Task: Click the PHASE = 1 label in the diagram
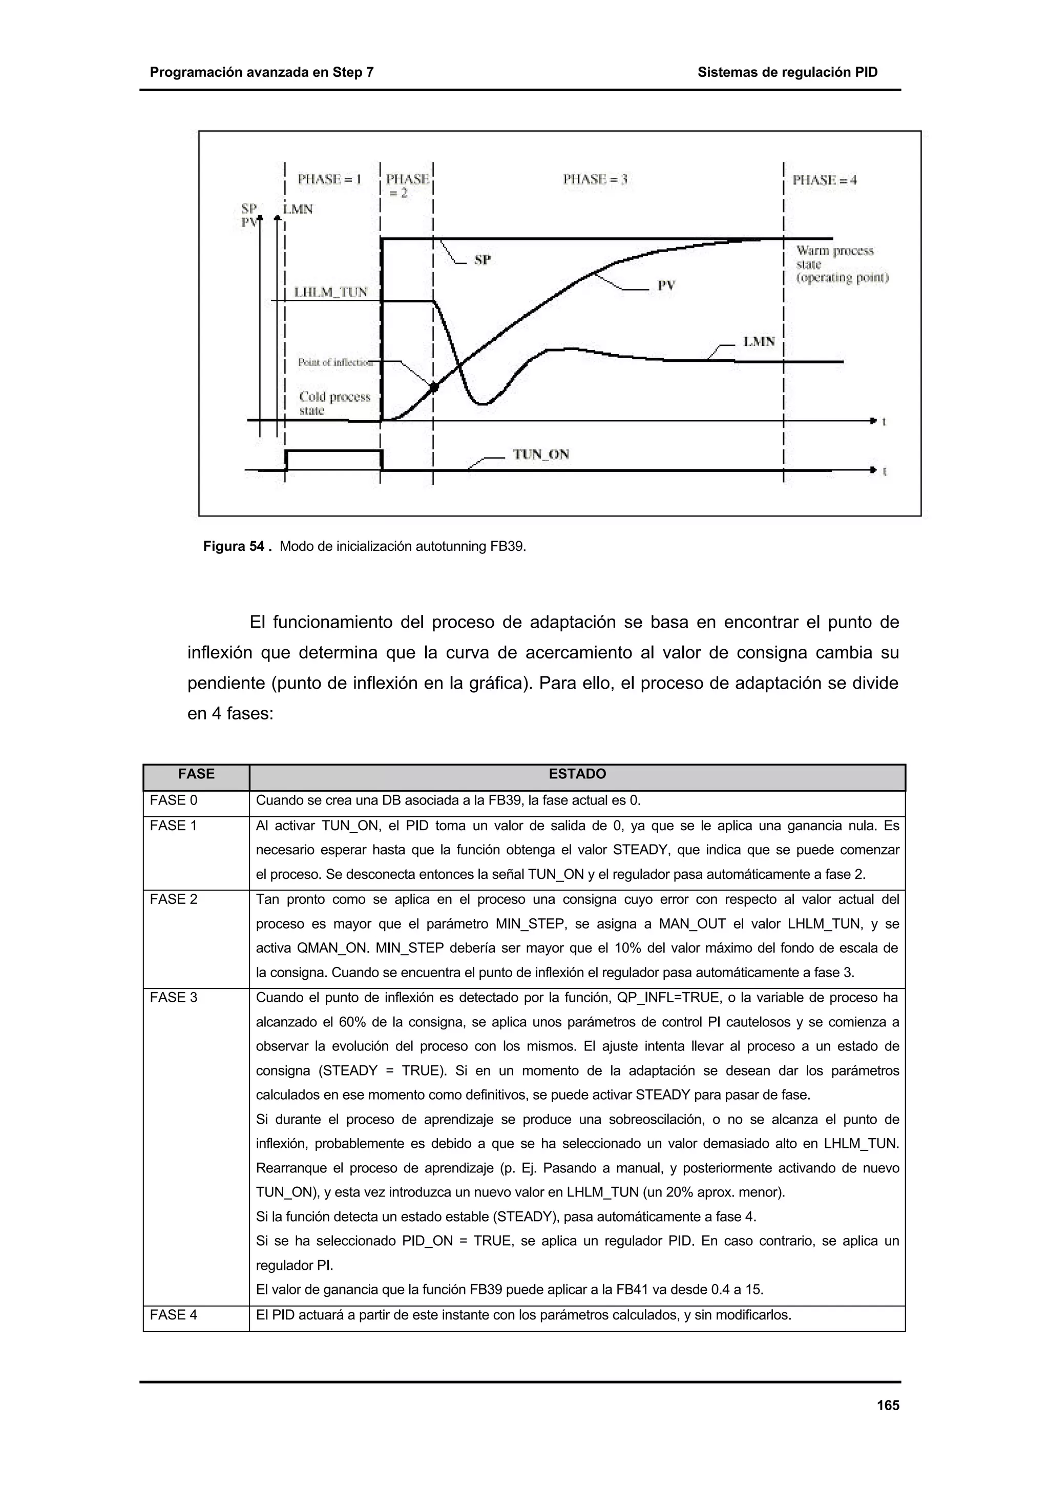[x=329, y=180]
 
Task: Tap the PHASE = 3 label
[x=595, y=180]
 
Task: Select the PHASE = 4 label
[x=825, y=180]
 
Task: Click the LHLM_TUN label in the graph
[x=330, y=293]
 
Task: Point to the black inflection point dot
[x=434, y=387]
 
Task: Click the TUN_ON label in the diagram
[x=541, y=455]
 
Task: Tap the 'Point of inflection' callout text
[x=335, y=363]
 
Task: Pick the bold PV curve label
[x=666, y=285]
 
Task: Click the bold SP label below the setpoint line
[x=482, y=260]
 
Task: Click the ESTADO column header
[x=577, y=774]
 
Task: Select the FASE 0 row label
[x=173, y=801]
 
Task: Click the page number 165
[x=888, y=1406]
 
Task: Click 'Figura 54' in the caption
[x=234, y=547]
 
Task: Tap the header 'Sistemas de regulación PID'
[x=787, y=72]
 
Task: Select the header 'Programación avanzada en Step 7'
[x=262, y=72]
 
